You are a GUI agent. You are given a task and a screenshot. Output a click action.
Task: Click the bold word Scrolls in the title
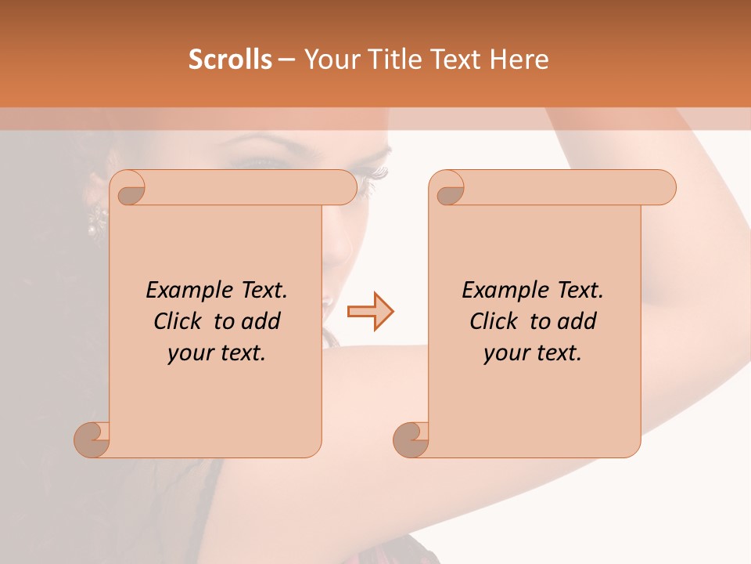pos(230,60)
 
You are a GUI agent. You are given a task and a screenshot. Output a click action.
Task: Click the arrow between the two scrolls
pos(370,312)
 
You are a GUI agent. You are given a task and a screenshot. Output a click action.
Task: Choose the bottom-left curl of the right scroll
pos(411,439)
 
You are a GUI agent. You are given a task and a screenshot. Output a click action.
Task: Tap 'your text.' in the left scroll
pos(217,353)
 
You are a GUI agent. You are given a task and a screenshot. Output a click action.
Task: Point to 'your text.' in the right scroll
pos(533,353)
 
